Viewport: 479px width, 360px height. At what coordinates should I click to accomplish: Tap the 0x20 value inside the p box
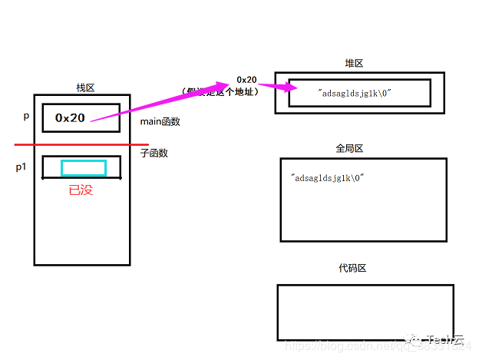pos(70,117)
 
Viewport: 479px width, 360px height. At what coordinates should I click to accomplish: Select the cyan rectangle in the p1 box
pos(84,168)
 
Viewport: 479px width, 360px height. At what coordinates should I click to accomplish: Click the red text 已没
pos(81,190)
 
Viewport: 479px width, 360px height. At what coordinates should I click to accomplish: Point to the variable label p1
pos(21,167)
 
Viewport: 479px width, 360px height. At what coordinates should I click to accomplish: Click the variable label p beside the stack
pos(26,116)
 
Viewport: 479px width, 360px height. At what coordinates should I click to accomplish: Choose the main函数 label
pos(159,122)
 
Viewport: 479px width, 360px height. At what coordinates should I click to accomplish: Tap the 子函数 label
pos(154,153)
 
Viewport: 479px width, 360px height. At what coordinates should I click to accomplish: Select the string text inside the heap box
pos(354,93)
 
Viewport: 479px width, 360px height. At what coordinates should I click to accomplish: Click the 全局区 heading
pos(349,147)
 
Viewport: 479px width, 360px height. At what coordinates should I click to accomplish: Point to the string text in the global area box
pos(327,177)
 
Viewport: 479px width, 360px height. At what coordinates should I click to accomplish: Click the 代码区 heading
pos(352,268)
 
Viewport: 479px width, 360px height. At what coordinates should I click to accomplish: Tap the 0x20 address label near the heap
pos(246,79)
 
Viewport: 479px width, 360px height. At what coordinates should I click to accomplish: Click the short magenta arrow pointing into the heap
pos(273,87)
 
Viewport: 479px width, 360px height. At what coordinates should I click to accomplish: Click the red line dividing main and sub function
pos(77,144)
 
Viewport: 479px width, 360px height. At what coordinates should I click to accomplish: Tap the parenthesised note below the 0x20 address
pos(219,91)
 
